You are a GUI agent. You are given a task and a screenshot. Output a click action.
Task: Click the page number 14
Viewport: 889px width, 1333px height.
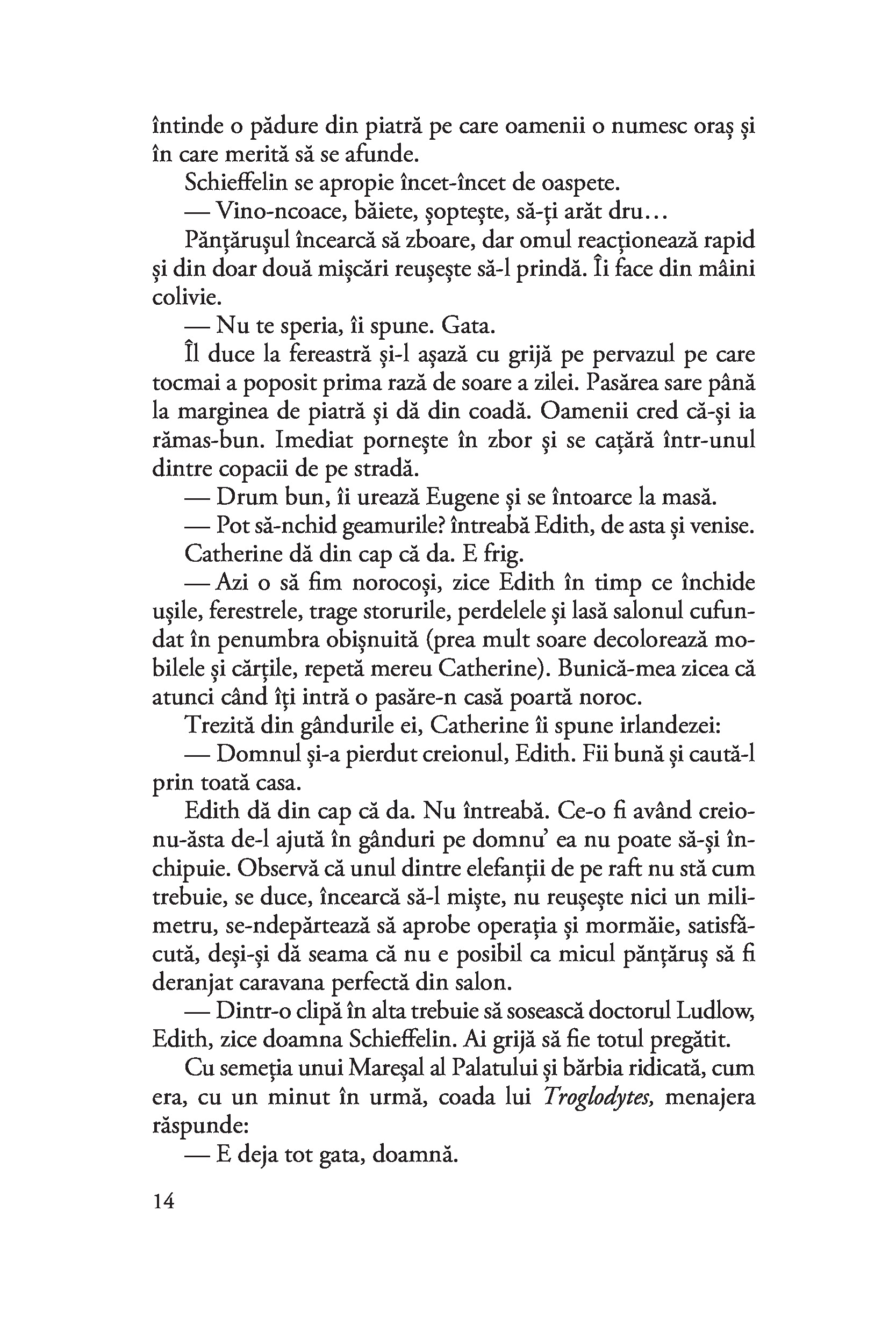[163, 1201]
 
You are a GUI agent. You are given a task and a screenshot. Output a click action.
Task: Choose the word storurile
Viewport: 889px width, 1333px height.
[405, 612]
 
